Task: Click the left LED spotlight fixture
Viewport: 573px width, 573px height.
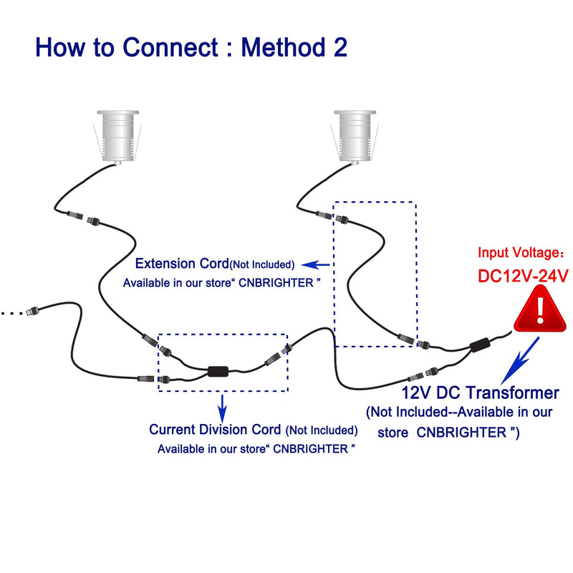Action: [x=117, y=137]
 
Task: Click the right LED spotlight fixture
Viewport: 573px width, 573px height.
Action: [x=355, y=137]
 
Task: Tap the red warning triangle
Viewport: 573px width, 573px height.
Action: [x=540, y=309]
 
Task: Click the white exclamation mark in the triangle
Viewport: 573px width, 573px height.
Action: [x=540, y=309]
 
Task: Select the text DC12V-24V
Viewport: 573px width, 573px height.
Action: [x=523, y=276]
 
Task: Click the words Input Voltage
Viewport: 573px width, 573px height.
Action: [x=517, y=253]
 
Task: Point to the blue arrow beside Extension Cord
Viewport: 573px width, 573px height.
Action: [x=315, y=264]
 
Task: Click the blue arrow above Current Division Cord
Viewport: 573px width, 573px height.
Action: [x=222, y=408]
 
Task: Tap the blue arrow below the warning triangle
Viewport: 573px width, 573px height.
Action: [x=521, y=360]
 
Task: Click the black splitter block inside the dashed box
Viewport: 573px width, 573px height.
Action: [x=218, y=371]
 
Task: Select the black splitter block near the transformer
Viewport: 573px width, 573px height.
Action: [x=480, y=345]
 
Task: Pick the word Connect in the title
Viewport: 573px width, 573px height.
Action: [x=170, y=47]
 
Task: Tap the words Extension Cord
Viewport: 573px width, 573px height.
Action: [x=182, y=264]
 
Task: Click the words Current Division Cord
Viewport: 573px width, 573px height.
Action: [x=215, y=429]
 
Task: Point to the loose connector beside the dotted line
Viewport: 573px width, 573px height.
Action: [x=32, y=311]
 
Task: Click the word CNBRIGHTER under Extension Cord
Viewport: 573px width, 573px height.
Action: [x=276, y=283]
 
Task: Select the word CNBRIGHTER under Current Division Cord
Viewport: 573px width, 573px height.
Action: [x=310, y=449]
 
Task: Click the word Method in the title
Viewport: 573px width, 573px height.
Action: [x=283, y=47]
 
